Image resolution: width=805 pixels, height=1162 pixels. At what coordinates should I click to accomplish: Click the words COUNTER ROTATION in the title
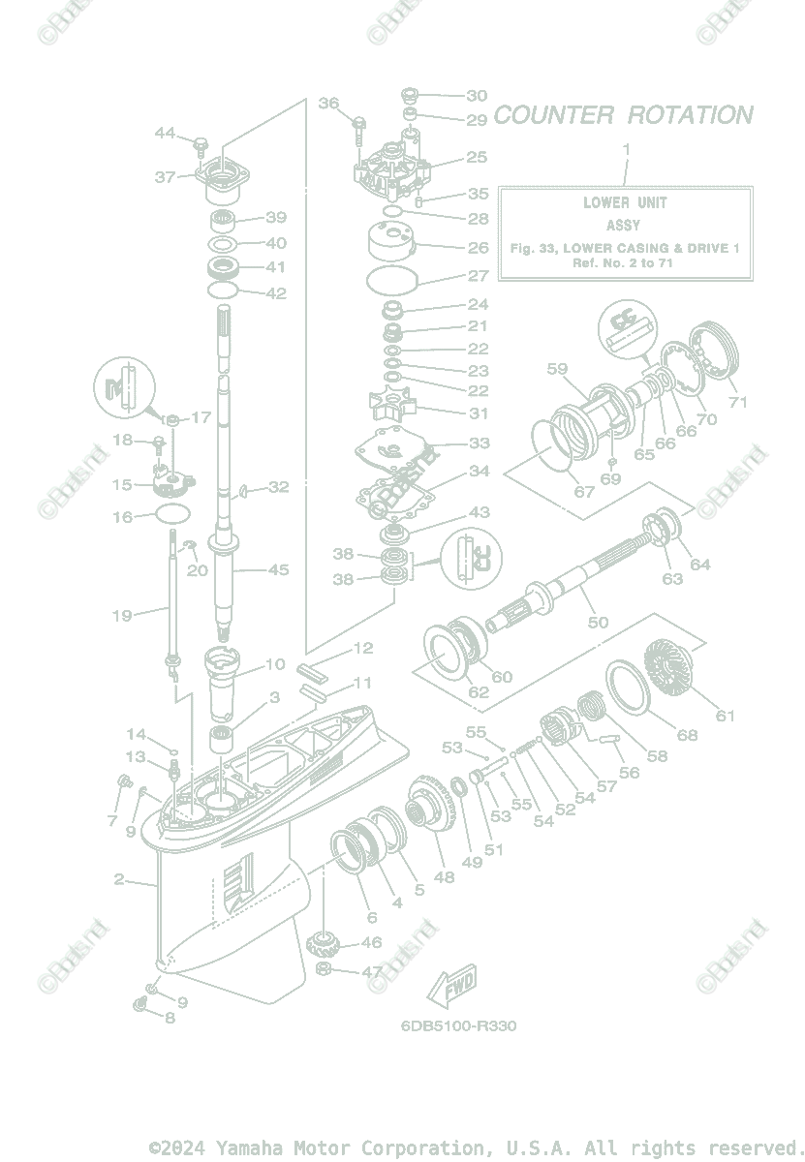pyautogui.click(x=623, y=115)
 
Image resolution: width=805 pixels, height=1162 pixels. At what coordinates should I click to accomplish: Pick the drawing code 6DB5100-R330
pyautogui.click(x=458, y=1025)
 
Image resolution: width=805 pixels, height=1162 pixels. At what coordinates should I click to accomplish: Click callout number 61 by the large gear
pyautogui.click(x=726, y=716)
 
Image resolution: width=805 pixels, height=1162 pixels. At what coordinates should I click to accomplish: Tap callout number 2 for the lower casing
pyautogui.click(x=119, y=879)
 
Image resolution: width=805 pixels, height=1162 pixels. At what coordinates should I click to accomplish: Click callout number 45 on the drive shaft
pyautogui.click(x=278, y=569)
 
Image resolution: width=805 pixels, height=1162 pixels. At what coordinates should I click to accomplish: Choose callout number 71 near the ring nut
pyautogui.click(x=738, y=401)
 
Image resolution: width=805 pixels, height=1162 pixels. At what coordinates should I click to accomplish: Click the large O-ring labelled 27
pyautogui.click(x=393, y=280)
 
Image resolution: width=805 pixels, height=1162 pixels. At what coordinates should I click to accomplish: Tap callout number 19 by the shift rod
pyautogui.click(x=123, y=615)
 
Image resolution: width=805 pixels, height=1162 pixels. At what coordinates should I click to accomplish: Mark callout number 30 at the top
pyautogui.click(x=477, y=96)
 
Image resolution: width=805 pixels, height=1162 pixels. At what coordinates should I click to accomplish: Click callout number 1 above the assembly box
pyautogui.click(x=626, y=149)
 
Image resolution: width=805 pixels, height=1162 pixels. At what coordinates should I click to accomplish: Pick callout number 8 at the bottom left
pyautogui.click(x=170, y=1018)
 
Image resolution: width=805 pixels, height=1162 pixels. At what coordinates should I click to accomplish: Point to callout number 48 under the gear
pyautogui.click(x=444, y=877)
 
